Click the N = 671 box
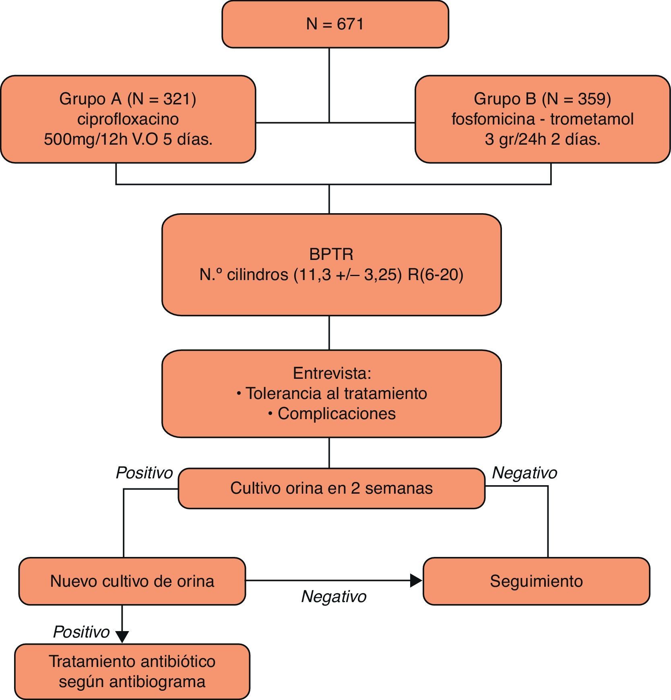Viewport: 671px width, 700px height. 335,24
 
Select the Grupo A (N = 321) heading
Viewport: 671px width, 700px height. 128,99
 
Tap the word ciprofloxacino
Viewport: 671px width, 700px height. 128,119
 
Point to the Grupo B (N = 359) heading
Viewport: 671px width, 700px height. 542,99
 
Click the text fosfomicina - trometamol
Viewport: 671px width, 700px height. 542,119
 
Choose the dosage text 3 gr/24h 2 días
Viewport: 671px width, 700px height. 542,139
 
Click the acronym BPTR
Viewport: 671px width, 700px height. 331,254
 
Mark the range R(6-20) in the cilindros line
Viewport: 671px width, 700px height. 436,275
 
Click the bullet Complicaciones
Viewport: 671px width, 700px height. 337,414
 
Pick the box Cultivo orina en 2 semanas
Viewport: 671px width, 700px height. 331,488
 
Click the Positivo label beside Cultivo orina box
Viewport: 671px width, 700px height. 144,473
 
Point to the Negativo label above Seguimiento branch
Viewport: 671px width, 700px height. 524,473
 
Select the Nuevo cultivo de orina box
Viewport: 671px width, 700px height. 132,581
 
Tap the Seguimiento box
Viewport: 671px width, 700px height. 536,581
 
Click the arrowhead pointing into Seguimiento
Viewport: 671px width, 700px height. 416,581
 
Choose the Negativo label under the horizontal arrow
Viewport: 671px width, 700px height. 334,596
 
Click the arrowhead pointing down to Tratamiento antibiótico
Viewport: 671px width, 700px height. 122,636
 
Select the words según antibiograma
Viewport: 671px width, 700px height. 132,681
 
